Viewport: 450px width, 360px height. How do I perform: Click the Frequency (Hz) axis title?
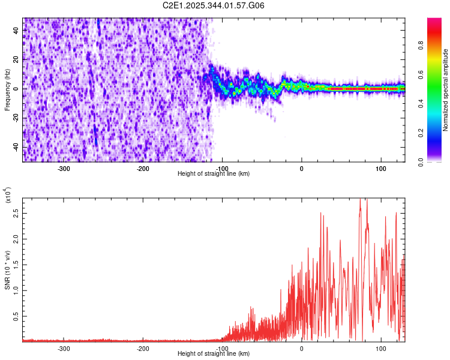click(7, 89)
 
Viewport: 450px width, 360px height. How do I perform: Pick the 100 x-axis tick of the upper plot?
click(380, 168)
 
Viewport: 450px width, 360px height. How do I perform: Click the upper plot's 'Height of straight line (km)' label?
click(214, 173)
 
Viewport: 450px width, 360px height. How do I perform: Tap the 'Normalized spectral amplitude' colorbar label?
click(446, 90)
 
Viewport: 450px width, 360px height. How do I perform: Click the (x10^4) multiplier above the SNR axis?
click(8, 195)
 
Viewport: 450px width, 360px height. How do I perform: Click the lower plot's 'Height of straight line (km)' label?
click(214, 354)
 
